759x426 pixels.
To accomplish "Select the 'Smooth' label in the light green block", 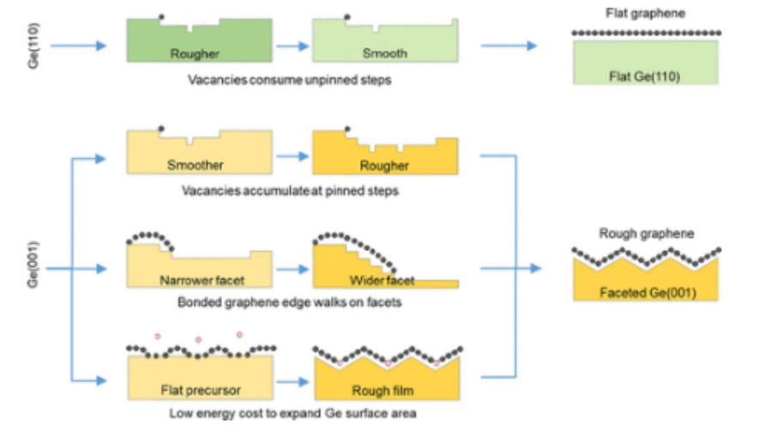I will (383, 53).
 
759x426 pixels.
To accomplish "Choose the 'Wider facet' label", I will (383, 280).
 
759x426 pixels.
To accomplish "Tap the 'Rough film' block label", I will (383, 392).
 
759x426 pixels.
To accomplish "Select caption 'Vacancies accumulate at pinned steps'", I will (292, 192).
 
